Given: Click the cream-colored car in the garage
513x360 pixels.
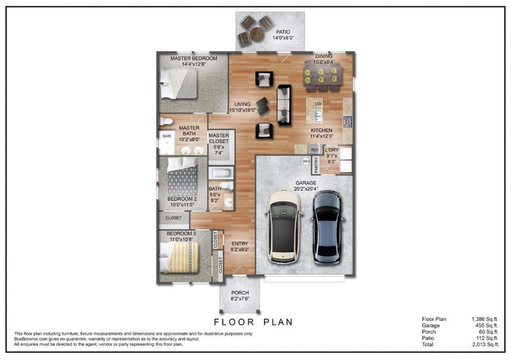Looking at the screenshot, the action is (283, 227).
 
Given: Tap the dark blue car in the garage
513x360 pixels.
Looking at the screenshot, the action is (328, 227).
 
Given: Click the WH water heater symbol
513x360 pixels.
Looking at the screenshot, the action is (306, 161).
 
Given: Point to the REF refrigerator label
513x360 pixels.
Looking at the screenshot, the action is (315, 150).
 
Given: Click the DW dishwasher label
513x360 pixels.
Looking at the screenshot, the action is (318, 104).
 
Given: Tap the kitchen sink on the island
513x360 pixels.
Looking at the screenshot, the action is (317, 115).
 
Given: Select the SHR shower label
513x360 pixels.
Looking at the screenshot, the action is (167, 136).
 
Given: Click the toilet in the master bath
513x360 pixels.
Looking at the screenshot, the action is (166, 121).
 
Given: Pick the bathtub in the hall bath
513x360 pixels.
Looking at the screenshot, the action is (221, 172).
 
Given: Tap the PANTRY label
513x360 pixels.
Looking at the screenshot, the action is (316, 165).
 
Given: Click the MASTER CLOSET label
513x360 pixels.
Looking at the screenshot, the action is (219, 138).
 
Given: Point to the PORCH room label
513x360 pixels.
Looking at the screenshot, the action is (240, 292).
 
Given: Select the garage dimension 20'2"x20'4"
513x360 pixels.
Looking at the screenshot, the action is (306, 189).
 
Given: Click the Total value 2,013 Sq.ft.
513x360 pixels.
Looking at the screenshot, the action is (485, 344).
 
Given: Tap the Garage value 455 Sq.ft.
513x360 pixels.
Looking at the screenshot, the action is (487, 325).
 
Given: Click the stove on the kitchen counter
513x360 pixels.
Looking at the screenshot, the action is (348, 121).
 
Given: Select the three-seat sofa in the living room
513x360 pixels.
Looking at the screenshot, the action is (285, 105).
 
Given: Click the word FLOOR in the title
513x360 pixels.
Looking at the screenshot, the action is (234, 322).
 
